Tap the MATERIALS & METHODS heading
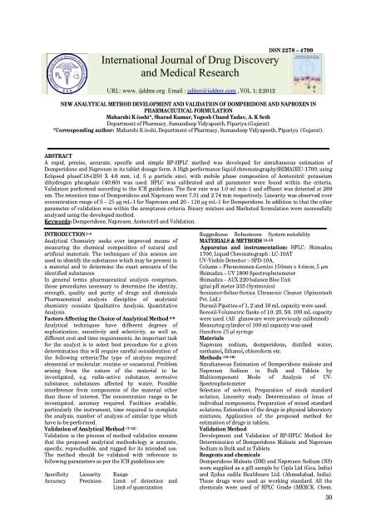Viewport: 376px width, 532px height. pyautogui.click(x=230, y=232)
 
